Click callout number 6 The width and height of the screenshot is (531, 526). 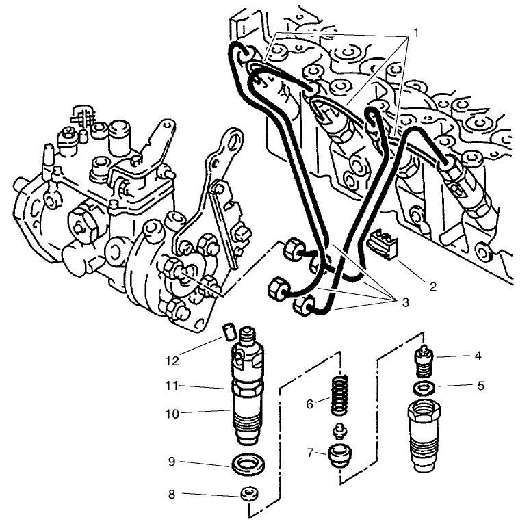pyautogui.click(x=309, y=404)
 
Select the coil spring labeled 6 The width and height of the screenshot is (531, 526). pyautogui.click(x=340, y=395)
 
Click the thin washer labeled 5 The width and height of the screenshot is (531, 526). pyautogui.click(x=424, y=388)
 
